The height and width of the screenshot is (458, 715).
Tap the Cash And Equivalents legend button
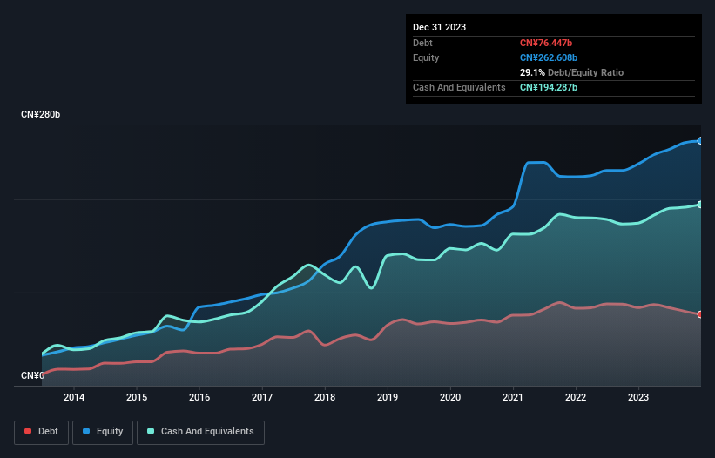click(x=200, y=432)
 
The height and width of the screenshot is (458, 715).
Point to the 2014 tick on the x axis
click(x=74, y=398)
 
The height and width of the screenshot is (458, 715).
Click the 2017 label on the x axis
click(x=262, y=398)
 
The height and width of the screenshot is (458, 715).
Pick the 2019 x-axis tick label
click(x=388, y=398)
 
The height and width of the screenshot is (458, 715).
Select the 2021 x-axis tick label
click(x=513, y=398)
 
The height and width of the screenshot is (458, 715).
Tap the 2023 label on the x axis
click(x=638, y=398)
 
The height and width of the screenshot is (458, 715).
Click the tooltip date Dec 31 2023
click(x=439, y=27)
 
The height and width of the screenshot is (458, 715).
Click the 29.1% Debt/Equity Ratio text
click(x=571, y=72)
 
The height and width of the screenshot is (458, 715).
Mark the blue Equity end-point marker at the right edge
click(x=700, y=140)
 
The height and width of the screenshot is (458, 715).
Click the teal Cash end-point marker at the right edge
click(x=700, y=205)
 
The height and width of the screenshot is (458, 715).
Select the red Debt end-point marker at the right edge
click(x=700, y=314)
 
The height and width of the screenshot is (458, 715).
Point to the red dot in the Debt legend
click(x=28, y=432)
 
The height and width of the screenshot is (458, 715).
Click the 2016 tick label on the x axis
click(x=199, y=398)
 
